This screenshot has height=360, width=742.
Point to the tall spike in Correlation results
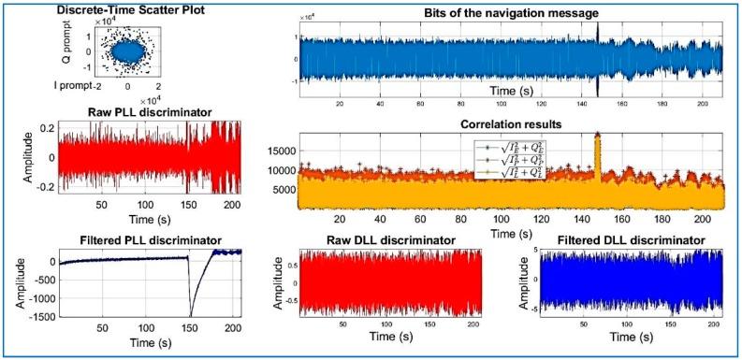597,140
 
